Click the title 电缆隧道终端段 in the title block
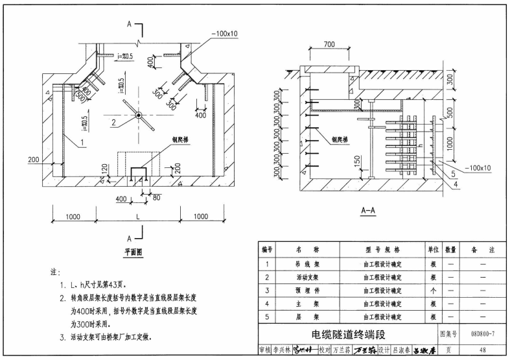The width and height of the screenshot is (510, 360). coord(349,335)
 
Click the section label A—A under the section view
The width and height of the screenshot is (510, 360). coord(367,211)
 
